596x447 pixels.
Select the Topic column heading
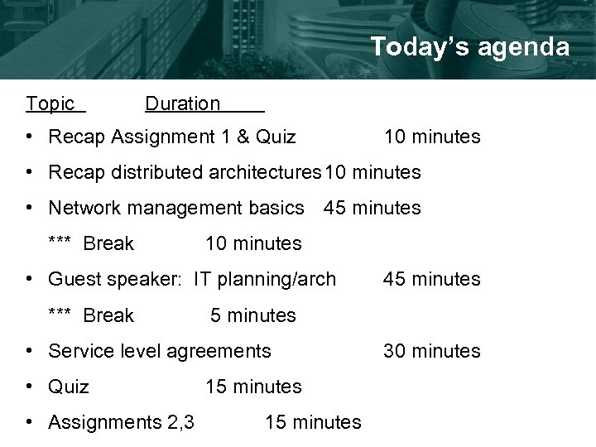click(50, 103)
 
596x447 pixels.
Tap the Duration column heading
click(183, 103)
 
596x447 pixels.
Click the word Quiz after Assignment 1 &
click(276, 137)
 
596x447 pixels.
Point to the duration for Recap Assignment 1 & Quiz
click(431, 137)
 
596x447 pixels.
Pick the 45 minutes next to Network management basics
click(372, 208)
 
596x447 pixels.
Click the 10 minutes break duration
click(253, 243)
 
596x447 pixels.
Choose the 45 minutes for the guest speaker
click(431, 279)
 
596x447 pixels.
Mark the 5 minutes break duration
click(253, 315)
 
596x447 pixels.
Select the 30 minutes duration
click(431, 351)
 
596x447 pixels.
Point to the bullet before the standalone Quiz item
click(29, 387)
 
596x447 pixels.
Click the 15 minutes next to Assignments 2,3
click(313, 422)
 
